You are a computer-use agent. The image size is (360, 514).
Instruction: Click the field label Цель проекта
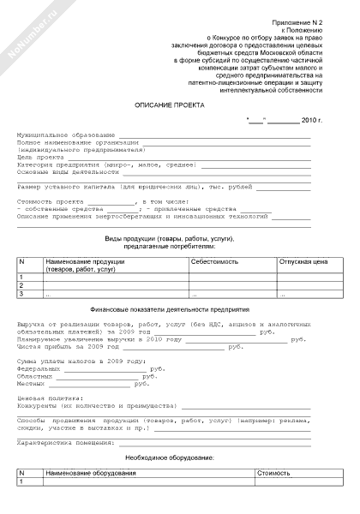click(x=41, y=157)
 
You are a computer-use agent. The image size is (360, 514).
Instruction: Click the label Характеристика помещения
click(x=65, y=443)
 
